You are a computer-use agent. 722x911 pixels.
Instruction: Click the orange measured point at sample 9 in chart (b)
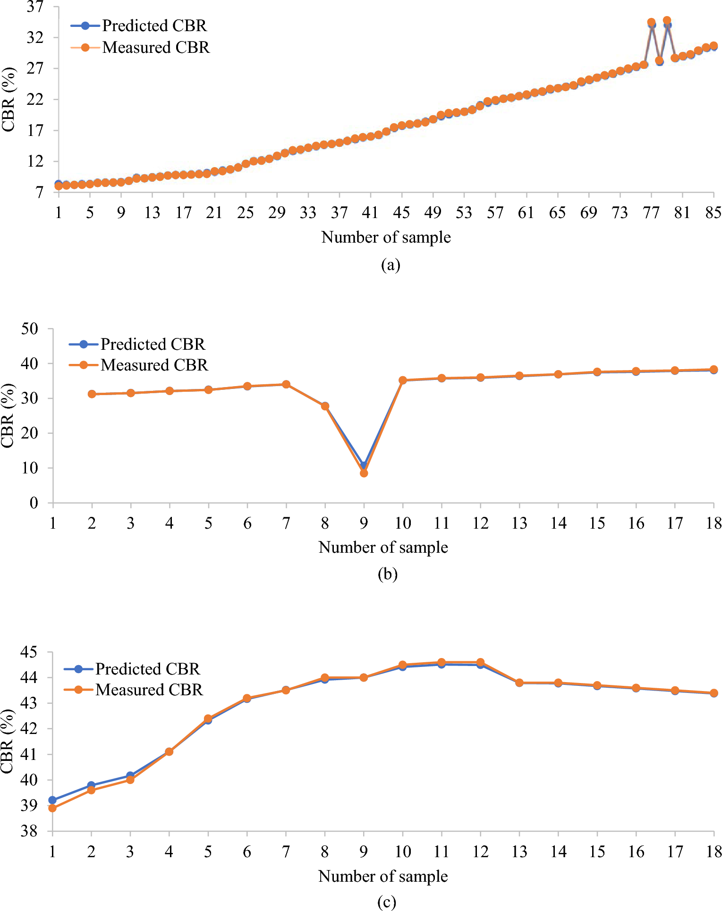[364, 473]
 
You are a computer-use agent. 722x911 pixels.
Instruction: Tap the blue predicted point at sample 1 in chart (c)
[52, 800]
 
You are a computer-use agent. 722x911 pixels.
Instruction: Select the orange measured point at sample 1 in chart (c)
[52, 808]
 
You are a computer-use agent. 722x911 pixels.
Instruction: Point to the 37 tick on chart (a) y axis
[35, 7]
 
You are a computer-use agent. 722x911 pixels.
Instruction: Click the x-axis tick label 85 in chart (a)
[713, 213]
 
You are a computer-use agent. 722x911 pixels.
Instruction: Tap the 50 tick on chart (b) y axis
[29, 329]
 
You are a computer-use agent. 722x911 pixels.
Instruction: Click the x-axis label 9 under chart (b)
[364, 523]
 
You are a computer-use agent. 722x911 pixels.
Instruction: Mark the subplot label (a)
[391, 265]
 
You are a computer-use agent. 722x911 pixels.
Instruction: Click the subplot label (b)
[387, 574]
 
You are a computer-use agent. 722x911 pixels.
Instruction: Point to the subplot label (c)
[387, 902]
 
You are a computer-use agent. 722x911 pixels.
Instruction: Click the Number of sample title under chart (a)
[386, 237]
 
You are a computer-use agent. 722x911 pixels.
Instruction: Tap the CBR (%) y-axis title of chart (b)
[8, 415]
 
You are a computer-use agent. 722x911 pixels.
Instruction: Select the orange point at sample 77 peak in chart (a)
[651, 22]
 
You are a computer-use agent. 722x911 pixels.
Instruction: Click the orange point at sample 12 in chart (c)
[480, 662]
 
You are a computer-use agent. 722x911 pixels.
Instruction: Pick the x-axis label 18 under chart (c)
[714, 852]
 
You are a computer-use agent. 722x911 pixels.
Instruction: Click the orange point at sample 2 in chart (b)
[92, 394]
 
